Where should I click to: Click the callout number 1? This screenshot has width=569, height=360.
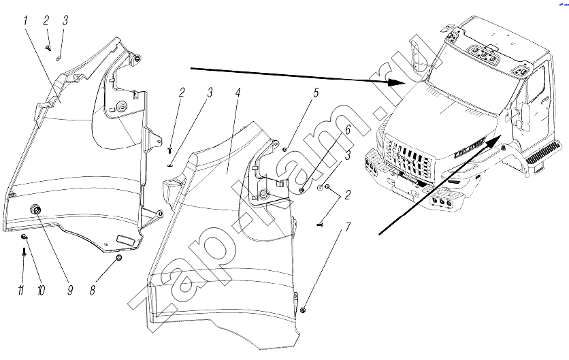(25, 20)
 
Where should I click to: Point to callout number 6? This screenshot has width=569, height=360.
(347, 129)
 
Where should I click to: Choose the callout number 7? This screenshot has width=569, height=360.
(348, 227)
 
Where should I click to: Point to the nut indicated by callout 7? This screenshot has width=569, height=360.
(304, 310)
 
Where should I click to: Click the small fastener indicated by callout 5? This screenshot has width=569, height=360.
(287, 149)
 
